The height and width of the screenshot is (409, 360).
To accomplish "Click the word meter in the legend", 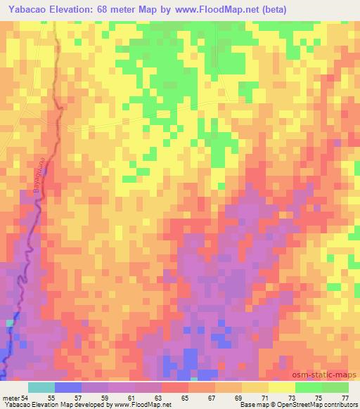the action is pos(11,398).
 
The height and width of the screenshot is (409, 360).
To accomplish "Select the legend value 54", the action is pos(27,398).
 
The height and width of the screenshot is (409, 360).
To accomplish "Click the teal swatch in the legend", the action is pos(41,388).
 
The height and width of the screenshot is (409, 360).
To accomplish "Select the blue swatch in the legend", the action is pos(67,388).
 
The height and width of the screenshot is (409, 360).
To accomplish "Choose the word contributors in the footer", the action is pos(336,405).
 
